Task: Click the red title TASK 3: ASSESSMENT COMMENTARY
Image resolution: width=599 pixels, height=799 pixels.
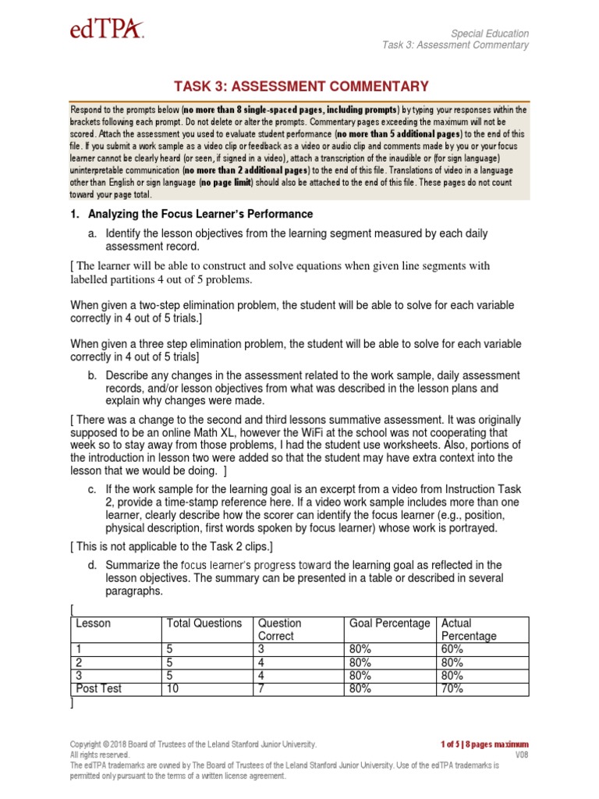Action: coord(299,87)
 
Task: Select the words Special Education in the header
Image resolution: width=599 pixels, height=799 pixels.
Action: coord(491,34)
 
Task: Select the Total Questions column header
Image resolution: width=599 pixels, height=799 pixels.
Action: coord(204,623)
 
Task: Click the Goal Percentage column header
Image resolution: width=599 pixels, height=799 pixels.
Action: coord(389,623)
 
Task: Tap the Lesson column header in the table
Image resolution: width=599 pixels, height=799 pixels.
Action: coord(93,623)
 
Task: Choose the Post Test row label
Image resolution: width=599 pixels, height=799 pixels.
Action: coord(98,688)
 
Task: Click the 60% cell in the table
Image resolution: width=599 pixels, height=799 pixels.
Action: coord(453,648)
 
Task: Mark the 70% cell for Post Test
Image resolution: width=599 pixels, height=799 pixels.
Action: coord(453,688)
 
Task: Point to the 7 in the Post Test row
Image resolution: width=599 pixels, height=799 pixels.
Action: coord(262,688)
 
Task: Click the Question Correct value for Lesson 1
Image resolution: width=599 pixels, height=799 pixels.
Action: coord(262,648)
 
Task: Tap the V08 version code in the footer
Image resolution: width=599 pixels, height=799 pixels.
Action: coord(522,755)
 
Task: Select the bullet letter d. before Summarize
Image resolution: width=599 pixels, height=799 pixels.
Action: coord(92,564)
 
